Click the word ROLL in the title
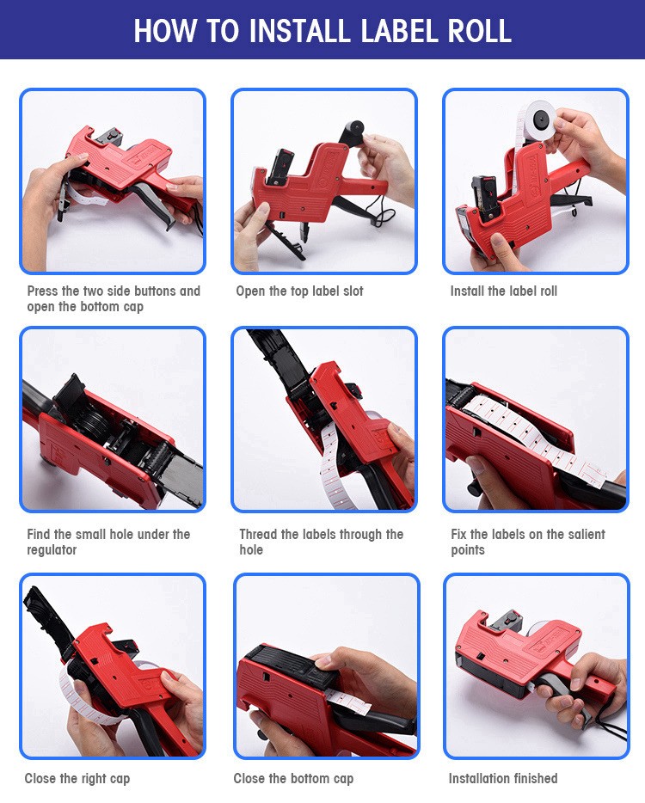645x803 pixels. click(x=480, y=31)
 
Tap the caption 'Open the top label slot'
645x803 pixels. click(x=299, y=291)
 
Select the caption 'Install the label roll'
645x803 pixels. click(x=504, y=291)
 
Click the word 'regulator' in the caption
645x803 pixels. click(x=52, y=550)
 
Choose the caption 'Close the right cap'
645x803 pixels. click(x=77, y=779)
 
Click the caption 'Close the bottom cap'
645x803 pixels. click(x=293, y=779)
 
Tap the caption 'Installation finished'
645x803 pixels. click(x=503, y=778)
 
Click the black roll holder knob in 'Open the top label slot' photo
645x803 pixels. click(x=354, y=127)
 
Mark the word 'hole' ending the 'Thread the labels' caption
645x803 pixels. click(x=251, y=550)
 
